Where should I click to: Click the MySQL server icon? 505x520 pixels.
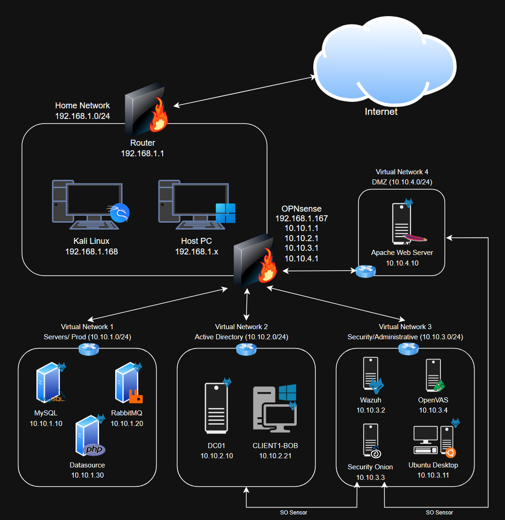(49, 383)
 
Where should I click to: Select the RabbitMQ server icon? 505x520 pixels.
(128, 383)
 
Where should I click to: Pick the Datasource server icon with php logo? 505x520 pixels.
(89, 436)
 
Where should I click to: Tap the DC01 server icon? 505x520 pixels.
(216, 408)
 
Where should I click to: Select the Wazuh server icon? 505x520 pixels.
(371, 374)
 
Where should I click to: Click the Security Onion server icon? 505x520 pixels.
(371, 441)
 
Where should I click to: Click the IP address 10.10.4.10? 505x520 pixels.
(402, 263)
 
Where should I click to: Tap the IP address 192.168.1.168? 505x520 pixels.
(92, 252)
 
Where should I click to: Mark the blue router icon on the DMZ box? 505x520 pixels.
(366, 271)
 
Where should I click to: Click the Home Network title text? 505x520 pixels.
(82, 106)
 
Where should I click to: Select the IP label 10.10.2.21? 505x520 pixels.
(275, 456)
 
